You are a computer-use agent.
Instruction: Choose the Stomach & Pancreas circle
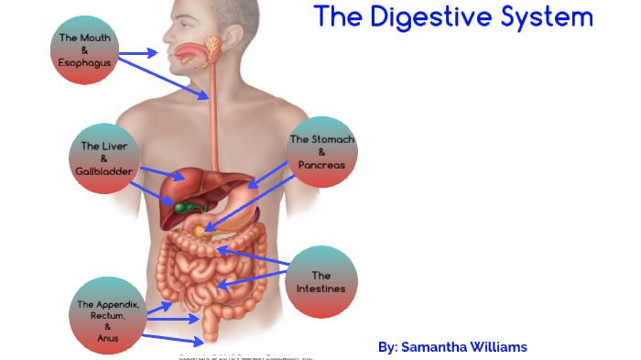[321, 152]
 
